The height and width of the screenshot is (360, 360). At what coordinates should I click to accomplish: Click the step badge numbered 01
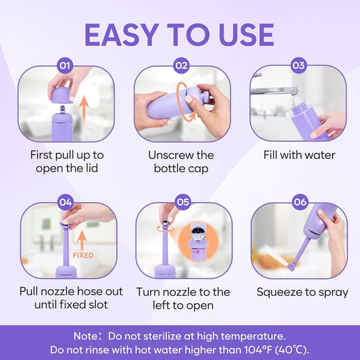64,66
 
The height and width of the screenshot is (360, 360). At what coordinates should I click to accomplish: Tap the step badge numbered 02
181,66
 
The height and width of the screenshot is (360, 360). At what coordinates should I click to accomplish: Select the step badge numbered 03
298,66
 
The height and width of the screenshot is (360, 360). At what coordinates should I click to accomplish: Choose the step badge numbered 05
182,201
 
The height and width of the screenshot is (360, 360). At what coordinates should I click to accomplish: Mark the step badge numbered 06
298,201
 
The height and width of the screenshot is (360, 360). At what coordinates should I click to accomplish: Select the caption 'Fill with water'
299,155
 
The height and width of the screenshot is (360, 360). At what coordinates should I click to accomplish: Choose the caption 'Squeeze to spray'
302,292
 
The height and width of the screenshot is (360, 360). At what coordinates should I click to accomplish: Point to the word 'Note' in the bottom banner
86,335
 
